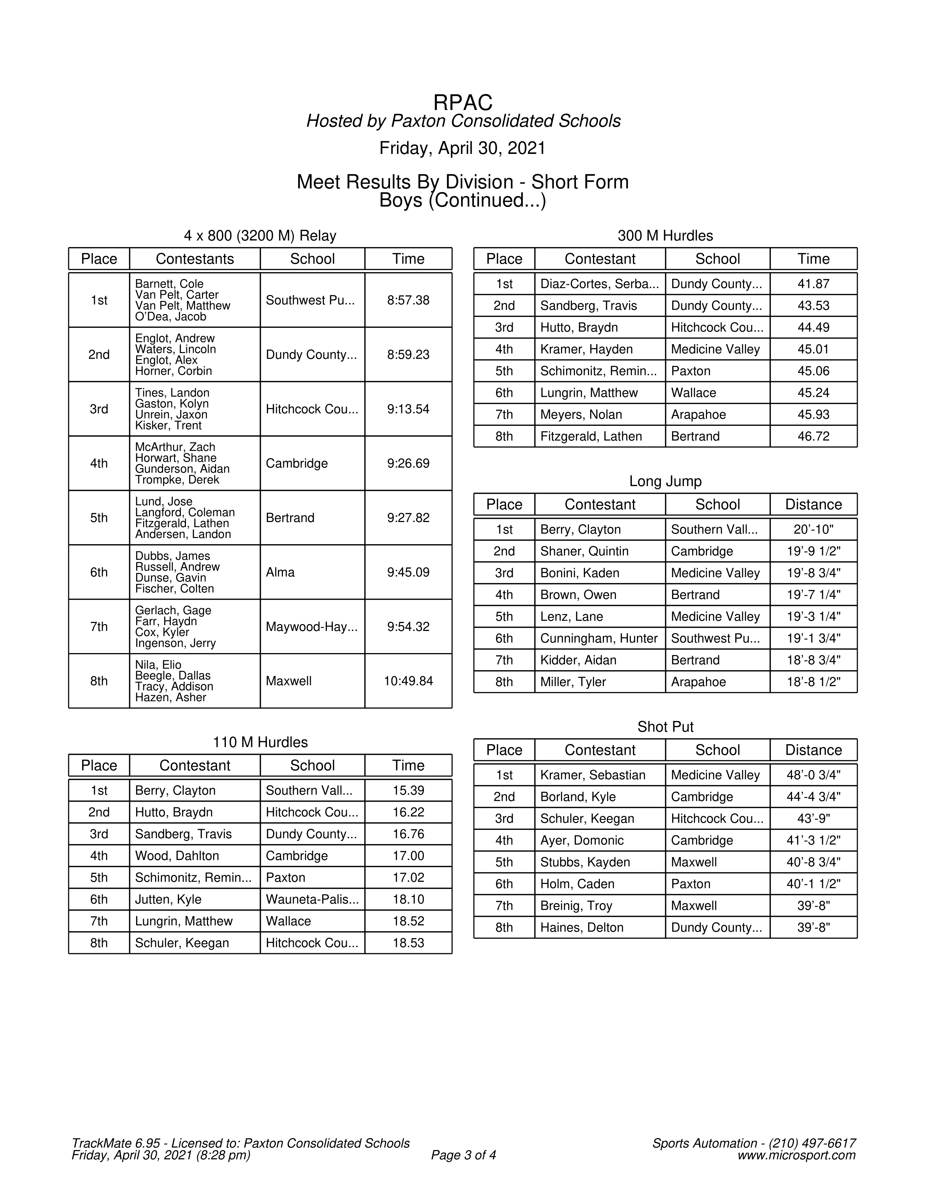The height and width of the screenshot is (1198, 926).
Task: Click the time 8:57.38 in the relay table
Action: click(x=408, y=300)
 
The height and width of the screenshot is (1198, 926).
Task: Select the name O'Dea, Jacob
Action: click(x=171, y=317)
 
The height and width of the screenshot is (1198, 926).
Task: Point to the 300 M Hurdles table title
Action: click(x=665, y=236)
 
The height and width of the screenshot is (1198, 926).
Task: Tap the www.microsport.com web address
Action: click(x=796, y=1155)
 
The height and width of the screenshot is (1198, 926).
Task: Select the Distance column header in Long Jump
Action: click(x=813, y=505)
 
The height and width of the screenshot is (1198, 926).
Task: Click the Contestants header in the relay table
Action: click(x=195, y=259)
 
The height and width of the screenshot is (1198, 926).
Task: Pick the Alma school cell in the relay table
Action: click(x=280, y=572)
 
